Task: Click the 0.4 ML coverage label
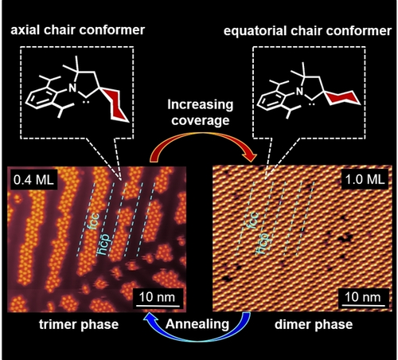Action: point(33,180)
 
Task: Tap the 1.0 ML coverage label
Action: point(365,180)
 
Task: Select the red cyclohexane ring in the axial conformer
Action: point(115,105)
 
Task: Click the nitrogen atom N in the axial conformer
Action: point(72,88)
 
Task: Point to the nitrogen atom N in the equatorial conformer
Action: point(300,92)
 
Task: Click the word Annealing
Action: point(197,324)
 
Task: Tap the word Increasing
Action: point(201,104)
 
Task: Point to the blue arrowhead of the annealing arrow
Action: point(150,317)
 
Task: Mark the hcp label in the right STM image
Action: point(262,244)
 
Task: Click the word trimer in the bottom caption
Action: point(57,324)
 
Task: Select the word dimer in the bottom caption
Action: point(291,324)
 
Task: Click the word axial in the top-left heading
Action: point(25,30)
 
